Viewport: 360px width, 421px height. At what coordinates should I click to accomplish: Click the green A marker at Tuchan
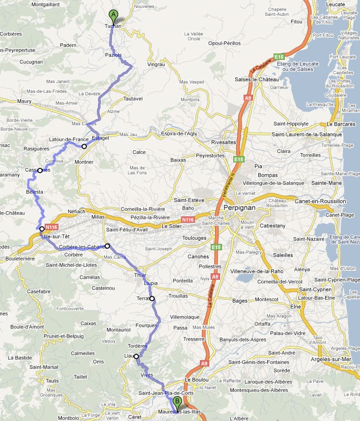(113, 15)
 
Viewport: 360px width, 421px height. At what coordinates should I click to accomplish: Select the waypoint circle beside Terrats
(152, 298)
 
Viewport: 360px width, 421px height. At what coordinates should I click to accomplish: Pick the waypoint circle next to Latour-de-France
(84, 146)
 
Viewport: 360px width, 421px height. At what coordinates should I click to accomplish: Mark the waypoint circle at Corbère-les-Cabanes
(107, 246)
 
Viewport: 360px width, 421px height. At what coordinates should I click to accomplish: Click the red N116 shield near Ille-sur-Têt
(51, 227)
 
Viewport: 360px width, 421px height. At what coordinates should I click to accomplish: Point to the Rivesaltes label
(224, 142)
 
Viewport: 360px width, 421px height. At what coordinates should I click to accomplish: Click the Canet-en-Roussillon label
(320, 201)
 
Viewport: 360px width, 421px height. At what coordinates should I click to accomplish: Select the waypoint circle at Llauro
(137, 357)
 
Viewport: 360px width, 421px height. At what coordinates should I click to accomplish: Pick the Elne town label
(295, 307)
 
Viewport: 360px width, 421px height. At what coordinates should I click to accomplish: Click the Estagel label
(100, 138)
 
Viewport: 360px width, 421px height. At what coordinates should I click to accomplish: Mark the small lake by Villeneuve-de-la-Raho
(244, 278)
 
